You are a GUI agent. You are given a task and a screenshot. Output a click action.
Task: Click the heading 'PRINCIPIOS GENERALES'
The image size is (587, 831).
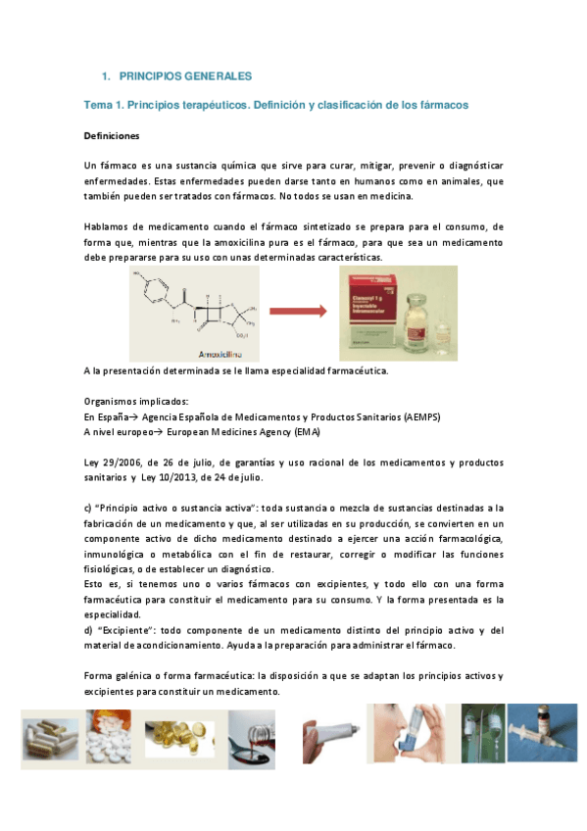(x=184, y=75)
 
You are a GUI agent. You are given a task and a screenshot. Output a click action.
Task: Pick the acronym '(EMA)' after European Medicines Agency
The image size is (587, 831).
(x=303, y=432)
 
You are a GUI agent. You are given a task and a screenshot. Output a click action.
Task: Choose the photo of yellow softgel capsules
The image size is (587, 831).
(x=178, y=736)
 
